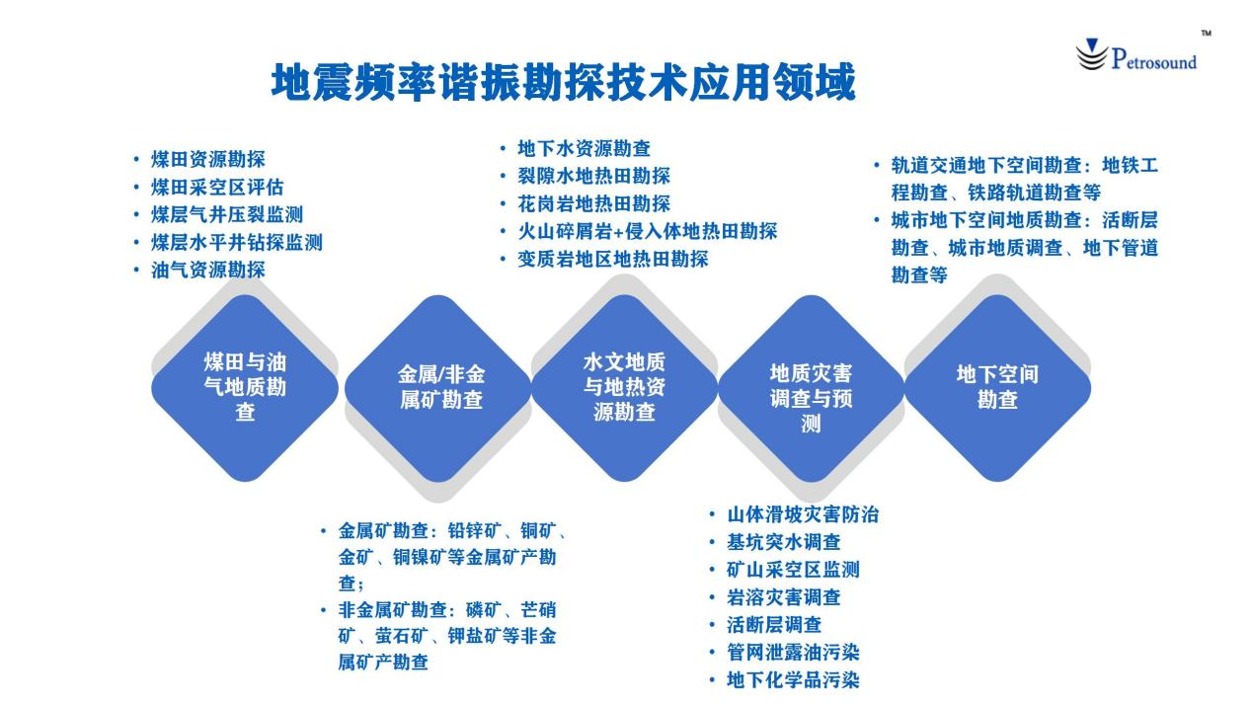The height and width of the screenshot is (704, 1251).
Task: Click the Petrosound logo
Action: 1136,55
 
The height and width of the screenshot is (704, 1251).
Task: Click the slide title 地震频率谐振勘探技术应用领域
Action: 564,82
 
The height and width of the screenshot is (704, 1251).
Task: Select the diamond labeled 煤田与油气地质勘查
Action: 245,388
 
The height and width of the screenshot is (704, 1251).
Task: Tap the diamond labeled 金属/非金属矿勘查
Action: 438,388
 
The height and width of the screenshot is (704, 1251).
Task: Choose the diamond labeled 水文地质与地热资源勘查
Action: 624,388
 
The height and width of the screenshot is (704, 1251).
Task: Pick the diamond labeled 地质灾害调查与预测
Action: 811,388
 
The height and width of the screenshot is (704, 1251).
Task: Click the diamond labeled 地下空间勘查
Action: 997,388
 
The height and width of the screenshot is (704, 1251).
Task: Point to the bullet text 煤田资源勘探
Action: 207,159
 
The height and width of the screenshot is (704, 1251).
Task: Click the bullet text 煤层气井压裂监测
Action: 227,214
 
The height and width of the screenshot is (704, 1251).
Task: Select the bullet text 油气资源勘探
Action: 207,270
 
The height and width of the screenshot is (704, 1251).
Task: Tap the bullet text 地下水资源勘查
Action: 585,148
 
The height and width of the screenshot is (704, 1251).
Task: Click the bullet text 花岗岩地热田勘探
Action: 593,203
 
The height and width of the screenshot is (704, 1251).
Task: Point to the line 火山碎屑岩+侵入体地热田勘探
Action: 648,231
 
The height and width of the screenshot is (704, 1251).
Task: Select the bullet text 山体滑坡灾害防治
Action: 803,514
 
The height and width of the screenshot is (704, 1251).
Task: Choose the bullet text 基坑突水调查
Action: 784,541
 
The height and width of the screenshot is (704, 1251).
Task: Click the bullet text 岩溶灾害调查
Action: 784,596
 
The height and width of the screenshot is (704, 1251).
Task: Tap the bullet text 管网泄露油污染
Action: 793,652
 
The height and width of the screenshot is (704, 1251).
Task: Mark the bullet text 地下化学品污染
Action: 793,679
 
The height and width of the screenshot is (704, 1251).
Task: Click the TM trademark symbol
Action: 1207,34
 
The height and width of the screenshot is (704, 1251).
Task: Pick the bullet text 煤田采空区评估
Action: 217,187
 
